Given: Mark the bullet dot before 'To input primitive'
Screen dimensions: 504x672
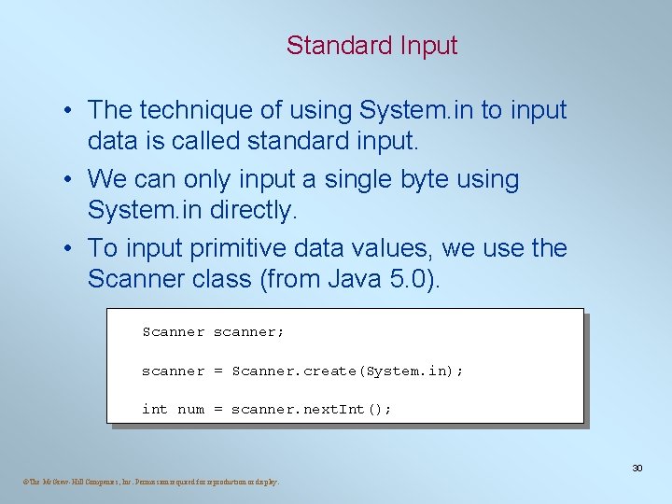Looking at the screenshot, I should click(x=70, y=249).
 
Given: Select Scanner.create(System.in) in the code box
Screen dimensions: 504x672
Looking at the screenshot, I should click(x=344, y=371).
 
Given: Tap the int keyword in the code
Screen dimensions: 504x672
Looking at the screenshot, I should click(x=155, y=409).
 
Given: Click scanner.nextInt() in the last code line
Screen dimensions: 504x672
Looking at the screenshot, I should click(x=311, y=409).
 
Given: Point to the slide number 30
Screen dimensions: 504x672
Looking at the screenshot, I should click(x=637, y=468).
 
